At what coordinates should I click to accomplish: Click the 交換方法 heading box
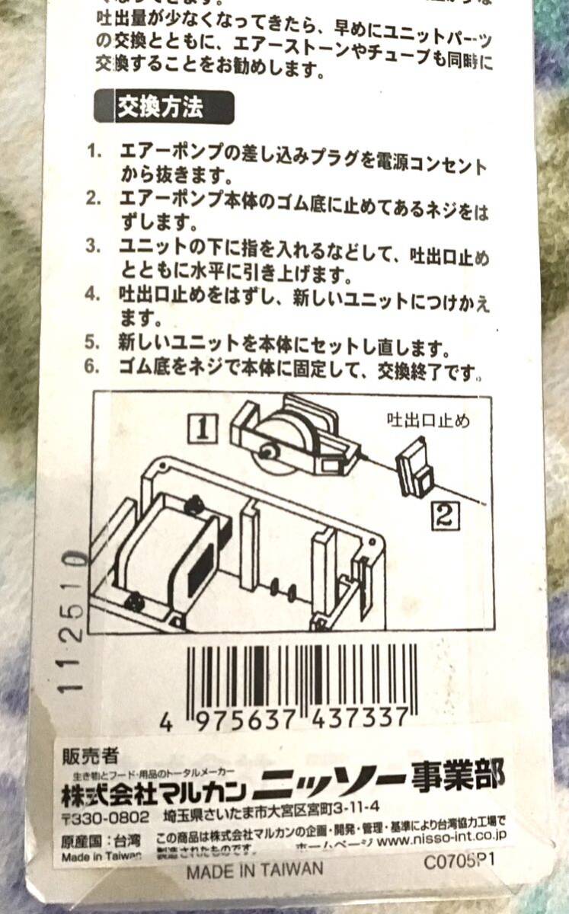(163, 107)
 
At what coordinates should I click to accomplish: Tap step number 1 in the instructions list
(94, 150)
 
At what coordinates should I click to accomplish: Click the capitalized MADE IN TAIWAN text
(254, 869)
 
